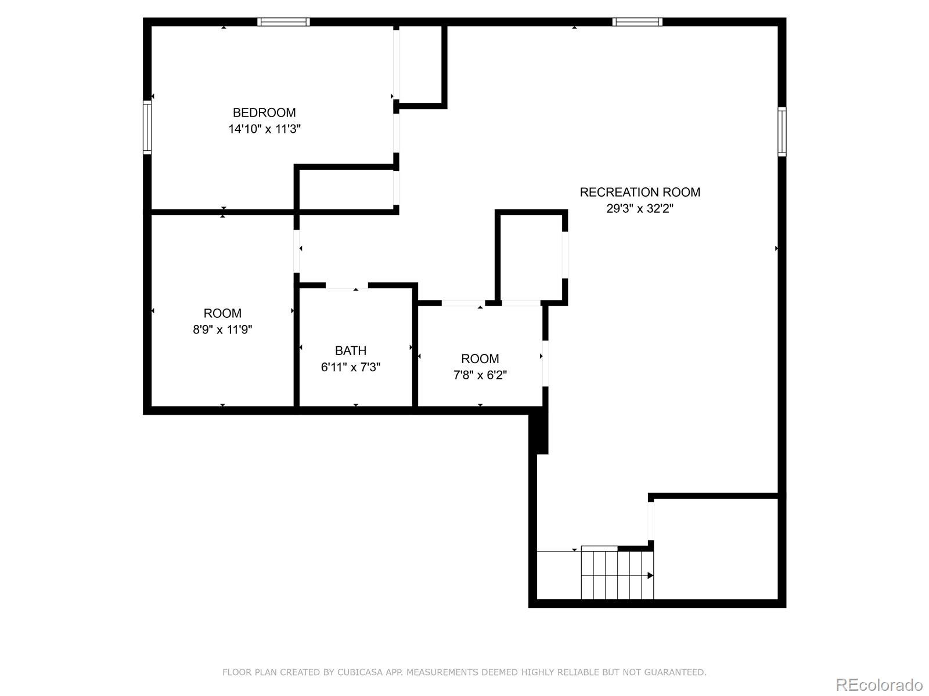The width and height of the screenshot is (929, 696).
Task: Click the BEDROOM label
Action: tap(264, 113)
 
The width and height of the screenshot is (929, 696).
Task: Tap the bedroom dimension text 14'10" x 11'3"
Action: tap(264, 129)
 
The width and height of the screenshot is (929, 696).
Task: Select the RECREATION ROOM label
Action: tap(640, 192)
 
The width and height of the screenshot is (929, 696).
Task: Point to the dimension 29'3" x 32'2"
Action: tap(640, 208)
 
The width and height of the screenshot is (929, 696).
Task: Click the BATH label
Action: tap(351, 350)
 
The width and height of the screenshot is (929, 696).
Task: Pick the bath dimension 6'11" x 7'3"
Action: tap(351, 367)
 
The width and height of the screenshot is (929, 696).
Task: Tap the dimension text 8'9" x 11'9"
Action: tap(222, 329)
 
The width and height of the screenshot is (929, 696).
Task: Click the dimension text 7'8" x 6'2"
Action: tap(480, 375)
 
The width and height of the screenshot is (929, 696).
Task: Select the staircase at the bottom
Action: tap(617, 574)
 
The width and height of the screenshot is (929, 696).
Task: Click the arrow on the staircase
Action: tap(650, 575)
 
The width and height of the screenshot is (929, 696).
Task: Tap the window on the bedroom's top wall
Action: tap(283, 22)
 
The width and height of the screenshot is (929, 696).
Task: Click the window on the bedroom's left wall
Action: tap(147, 128)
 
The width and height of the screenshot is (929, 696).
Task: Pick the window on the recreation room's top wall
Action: tap(637, 22)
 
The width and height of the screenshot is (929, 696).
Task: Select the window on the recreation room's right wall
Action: tap(782, 132)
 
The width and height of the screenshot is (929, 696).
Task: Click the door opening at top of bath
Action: tap(347, 285)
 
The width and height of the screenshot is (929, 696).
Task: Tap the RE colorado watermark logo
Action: tap(879, 684)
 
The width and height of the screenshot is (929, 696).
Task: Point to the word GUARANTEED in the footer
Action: tap(678, 672)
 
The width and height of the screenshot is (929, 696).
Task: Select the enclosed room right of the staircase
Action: tap(715, 548)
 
